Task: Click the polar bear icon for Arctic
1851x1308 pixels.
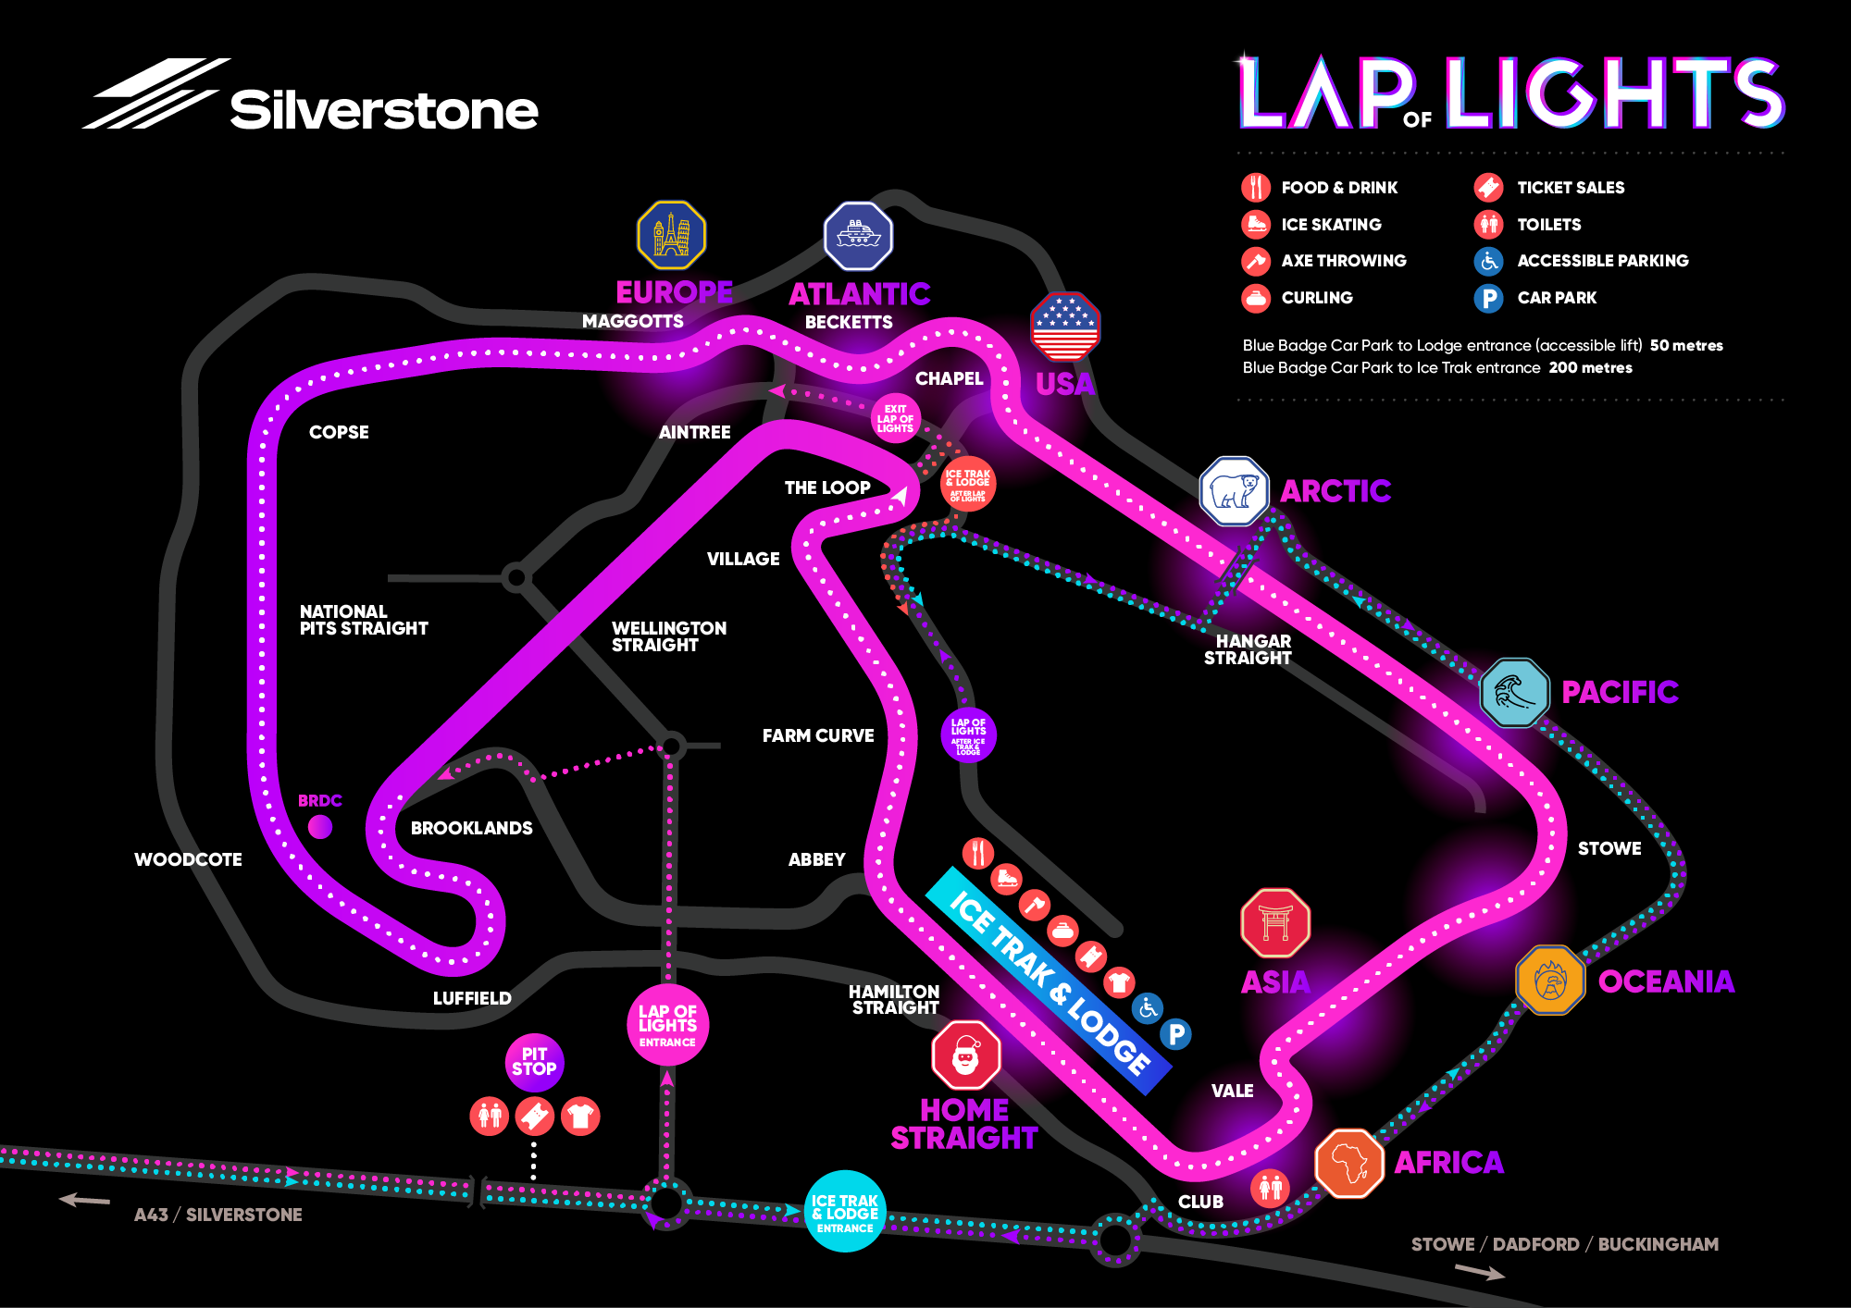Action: (x=1234, y=491)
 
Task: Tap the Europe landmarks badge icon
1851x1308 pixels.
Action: (x=672, y=235)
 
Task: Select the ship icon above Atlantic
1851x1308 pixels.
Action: (x=858, y=236)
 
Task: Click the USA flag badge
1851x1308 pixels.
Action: (x=1065, y=327)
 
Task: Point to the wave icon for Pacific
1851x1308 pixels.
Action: (x=1514, y=692)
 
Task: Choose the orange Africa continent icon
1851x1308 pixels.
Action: (x=1349, y=1163)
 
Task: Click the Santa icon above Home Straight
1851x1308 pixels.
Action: (x=966, y=1055)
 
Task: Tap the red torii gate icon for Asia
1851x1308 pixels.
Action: (x=1275, y=923)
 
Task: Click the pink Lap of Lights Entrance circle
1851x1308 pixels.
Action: (x=667, y=1025)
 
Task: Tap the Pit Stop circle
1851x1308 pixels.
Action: (x=534, y=1061)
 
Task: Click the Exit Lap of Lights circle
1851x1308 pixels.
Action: (x=895, y=418)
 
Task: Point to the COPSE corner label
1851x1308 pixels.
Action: (x=339, y=432)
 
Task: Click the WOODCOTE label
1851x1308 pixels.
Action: (x=188, y=859)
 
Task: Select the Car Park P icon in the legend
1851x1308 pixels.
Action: (x=1488, y=298)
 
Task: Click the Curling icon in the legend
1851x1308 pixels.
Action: (x=1256, y=298)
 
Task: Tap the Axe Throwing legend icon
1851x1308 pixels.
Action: (x=1256, y=261)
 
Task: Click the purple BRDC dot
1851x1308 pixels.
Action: (x=320, y=826)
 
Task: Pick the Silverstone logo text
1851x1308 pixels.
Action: (x=383, y=110)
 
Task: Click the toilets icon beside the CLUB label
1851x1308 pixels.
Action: (x=1270, y=1187)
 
